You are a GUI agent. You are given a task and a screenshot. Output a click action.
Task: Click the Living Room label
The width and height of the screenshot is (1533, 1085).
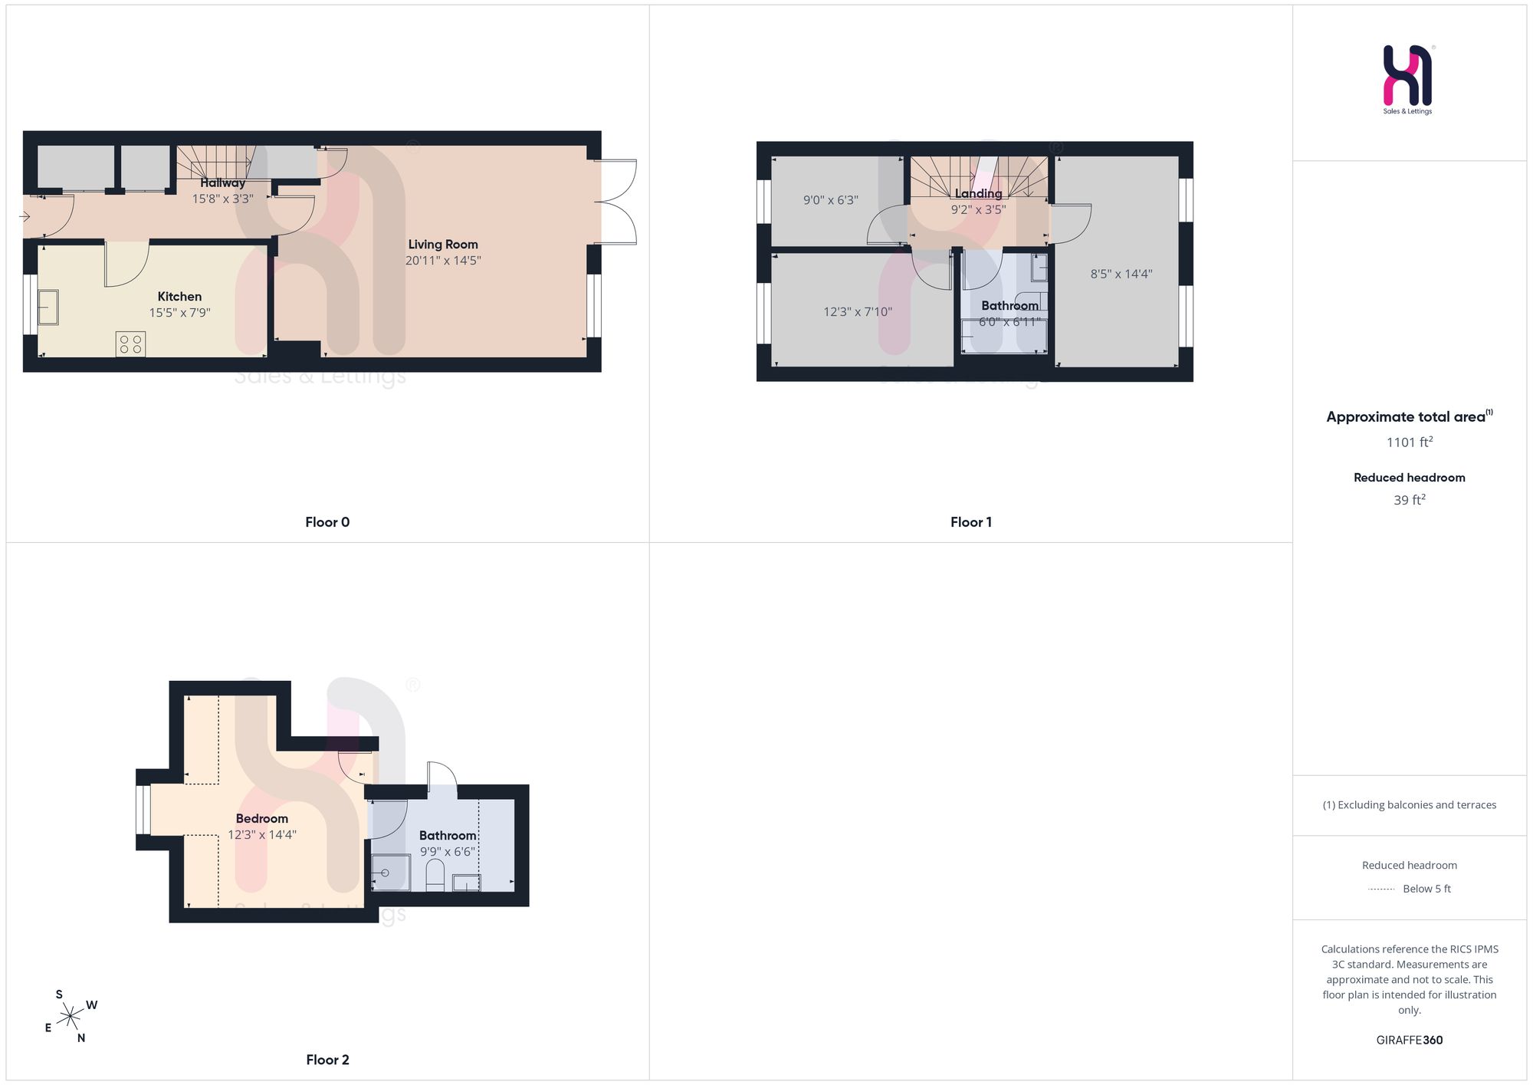coord(443,245)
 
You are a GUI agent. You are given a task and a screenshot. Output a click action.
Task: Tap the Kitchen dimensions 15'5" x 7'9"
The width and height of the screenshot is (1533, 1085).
coord(179,313)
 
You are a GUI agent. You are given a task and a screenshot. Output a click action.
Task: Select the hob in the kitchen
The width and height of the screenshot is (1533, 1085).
coord(130,344)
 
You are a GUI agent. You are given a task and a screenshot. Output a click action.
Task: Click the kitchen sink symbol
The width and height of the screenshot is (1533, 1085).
coord(48,307)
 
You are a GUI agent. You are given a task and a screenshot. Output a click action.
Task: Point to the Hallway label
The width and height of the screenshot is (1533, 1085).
coord(223,183)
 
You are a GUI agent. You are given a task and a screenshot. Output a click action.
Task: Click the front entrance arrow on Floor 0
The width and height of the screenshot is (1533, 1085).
coord(25,217)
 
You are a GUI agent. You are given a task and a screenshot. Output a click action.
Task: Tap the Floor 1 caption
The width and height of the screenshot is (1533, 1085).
coord(971,522)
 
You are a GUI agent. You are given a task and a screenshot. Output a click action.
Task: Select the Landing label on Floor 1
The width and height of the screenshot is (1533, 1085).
coord(978,193)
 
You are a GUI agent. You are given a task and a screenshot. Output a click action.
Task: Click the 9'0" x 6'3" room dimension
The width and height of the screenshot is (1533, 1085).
coord(831,200)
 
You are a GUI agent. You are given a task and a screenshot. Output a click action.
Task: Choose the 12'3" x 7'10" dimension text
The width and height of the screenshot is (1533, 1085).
coord(858,312)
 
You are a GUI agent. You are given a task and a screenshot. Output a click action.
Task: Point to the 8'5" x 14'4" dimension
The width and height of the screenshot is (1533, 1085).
coord(1121,274)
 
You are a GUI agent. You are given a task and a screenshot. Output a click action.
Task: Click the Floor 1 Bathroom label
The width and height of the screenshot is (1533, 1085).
coord(1009,306)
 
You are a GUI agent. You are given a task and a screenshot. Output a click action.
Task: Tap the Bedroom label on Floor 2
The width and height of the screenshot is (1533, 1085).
coord(262,819)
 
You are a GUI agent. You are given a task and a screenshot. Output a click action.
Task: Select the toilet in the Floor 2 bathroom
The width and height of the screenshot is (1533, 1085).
coord(435,876)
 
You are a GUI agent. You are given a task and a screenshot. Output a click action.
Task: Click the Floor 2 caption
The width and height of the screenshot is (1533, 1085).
coord(327,1060)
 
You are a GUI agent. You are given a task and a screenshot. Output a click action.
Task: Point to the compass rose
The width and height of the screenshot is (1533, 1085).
coord(71,1017)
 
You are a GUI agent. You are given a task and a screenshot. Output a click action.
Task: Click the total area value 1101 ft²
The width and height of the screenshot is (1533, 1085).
coord(1410,442)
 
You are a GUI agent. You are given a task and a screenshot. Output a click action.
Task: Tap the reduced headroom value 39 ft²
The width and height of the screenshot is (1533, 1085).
coord(1410,499)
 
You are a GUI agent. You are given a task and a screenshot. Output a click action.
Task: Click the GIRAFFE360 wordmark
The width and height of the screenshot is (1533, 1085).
coord(1410,1041)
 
